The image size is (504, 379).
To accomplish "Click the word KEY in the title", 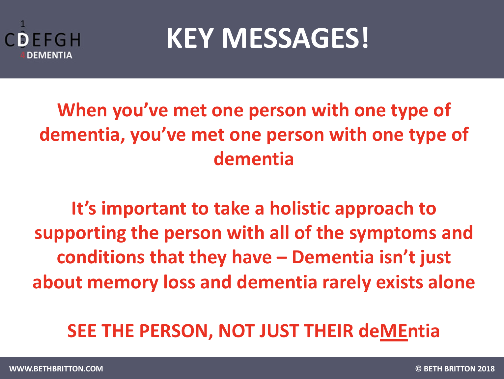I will point(190,39).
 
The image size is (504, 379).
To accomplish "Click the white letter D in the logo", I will point(23,40).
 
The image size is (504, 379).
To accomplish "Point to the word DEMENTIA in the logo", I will point(49,55).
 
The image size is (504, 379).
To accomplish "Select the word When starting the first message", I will point(82,110).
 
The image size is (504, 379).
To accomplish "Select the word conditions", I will point(100,257).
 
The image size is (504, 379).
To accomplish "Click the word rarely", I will point(346,283).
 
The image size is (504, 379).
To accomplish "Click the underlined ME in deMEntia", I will point(394,331).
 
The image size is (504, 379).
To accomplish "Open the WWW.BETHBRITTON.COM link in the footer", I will point(56,369).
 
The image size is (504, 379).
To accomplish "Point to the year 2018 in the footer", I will point(486,369).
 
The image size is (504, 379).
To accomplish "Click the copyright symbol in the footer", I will point(418,369).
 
